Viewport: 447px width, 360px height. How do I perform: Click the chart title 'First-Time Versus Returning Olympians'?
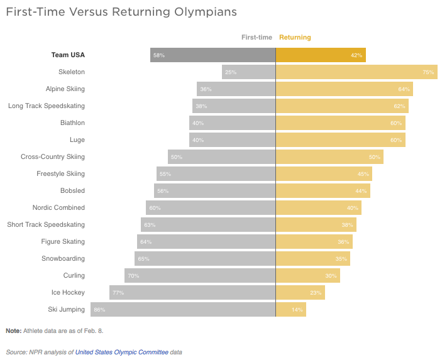[121, 12]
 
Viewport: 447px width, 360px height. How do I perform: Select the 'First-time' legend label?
[257, 37]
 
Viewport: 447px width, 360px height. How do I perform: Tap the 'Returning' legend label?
[295, 37]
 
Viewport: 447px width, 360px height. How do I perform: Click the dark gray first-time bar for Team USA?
[213, 55]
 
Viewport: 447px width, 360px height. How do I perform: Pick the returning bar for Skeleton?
[356, 72]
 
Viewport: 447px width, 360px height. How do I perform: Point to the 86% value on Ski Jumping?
[99, 310]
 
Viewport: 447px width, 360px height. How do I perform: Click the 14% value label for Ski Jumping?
[297, 310]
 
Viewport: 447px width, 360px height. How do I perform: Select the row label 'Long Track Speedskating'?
[47, 106]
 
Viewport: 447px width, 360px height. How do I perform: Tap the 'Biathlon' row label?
[72, 123]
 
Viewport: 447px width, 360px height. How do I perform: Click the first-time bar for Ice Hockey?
[192, 293]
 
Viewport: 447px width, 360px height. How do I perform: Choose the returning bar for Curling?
[308, 276]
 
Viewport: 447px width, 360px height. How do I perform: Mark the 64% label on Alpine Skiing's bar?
[404, 89]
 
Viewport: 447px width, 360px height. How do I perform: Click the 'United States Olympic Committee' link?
[122, 352]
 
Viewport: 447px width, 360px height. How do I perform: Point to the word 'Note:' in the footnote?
[14, 331]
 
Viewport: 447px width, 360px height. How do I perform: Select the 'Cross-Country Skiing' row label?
[53, 157]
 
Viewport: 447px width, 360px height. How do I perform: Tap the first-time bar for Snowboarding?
[205, 259]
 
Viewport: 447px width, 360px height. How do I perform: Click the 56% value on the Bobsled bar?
[163, 191]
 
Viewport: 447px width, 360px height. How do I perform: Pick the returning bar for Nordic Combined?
[319, 207]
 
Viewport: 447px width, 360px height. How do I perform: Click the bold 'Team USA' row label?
[68, 55]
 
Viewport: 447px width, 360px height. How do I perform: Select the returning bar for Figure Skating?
[314, 241]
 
